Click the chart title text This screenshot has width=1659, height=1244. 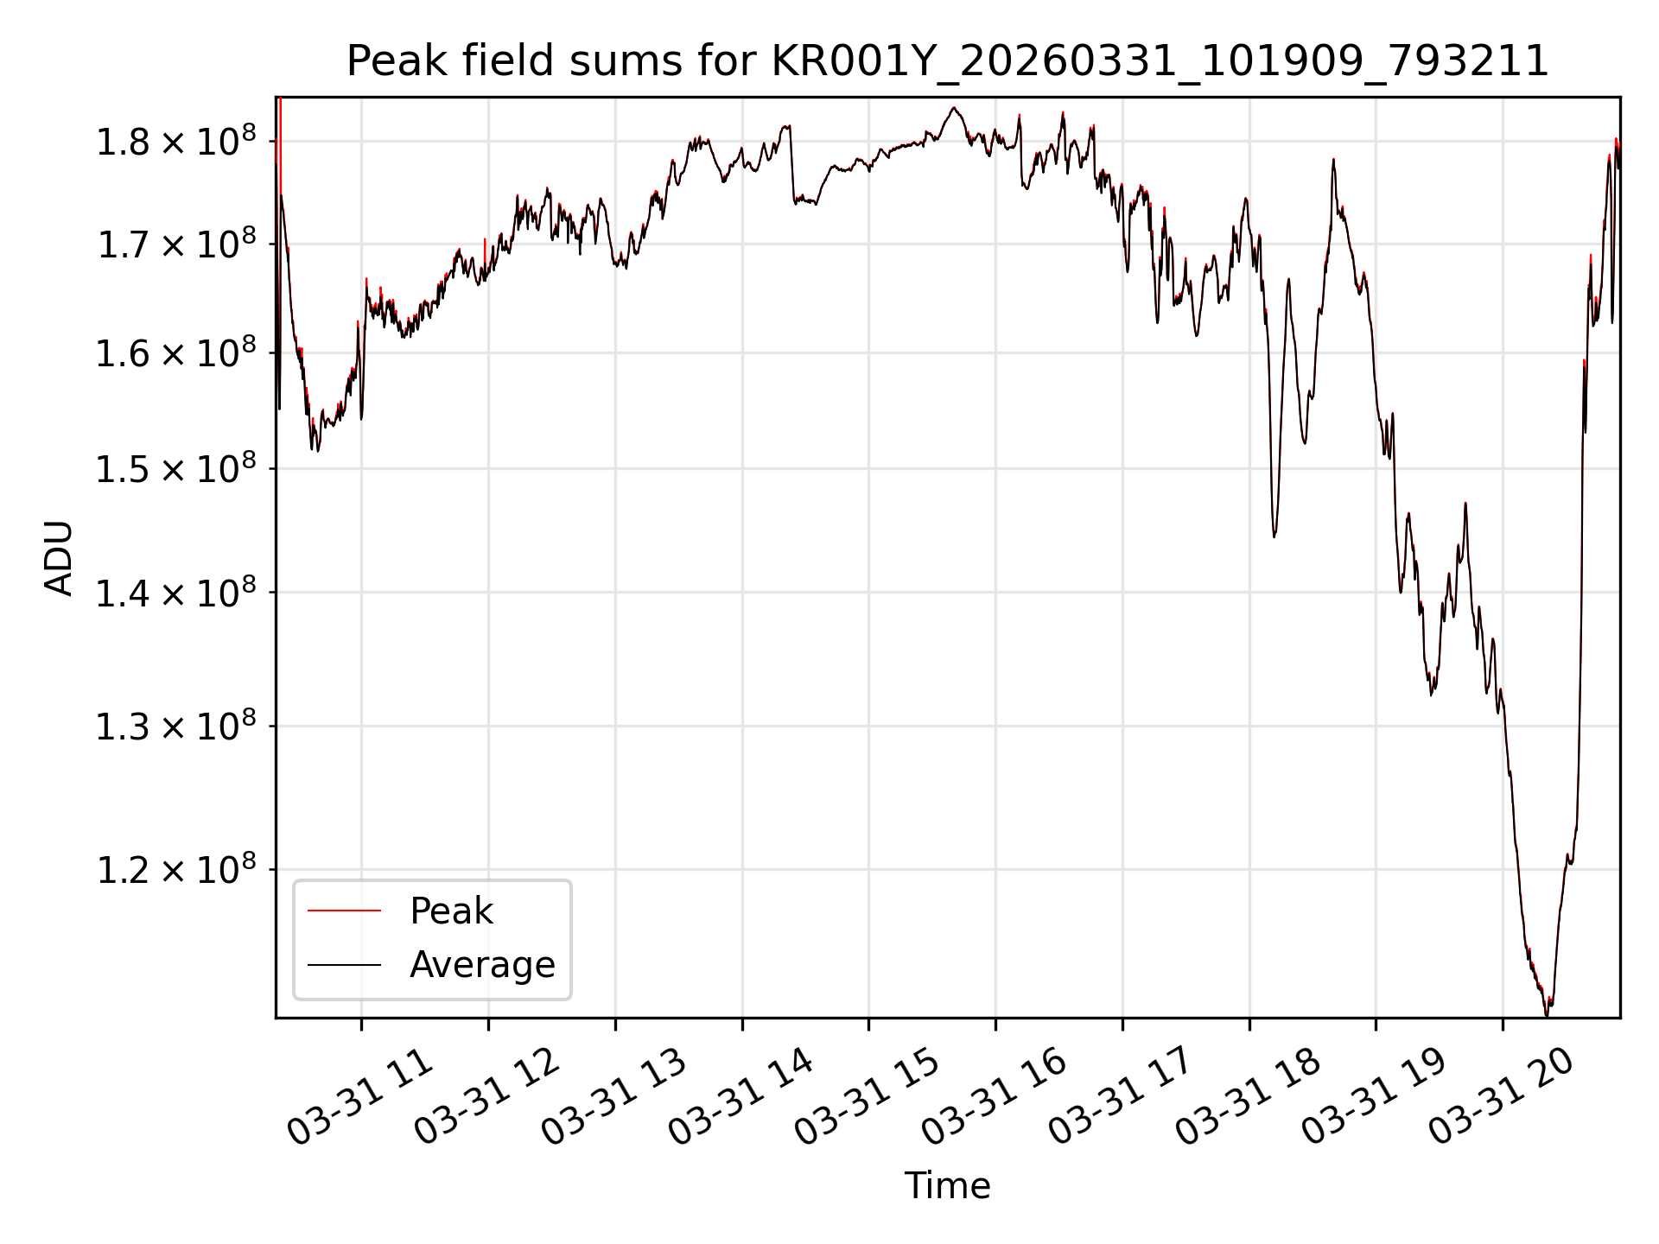pos(947,61)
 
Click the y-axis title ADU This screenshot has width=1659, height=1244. pos(59,558)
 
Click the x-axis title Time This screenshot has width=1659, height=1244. pos(947,1186)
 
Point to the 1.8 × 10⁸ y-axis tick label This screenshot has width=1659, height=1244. pos(176,141)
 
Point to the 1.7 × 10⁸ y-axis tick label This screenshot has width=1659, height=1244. pos(176,244)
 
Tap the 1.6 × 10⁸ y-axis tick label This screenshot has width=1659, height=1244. pos(176,352)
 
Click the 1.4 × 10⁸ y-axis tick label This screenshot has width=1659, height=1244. pos(176,593)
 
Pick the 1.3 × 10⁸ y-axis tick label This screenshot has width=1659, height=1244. pos(176,727)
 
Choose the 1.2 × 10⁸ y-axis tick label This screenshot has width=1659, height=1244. pos(176,869)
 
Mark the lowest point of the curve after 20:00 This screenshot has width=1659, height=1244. pos(1547,1015)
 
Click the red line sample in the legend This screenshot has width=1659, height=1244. pos(344,911)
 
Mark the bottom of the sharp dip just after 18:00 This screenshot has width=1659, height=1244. pos(1274,536)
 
